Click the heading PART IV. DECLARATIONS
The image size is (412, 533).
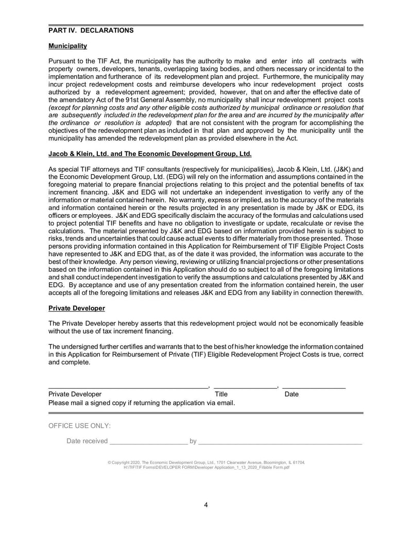tap(91, 30)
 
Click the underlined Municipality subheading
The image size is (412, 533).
tap(67, 46)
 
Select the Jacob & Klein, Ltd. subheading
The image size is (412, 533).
tap(150, 153)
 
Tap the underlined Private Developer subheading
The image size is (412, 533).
tap(77, 308)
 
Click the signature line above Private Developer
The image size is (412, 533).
tap(128, 386)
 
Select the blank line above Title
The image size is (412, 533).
tap(245, 386)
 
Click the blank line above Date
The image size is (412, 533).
tap(314, 386)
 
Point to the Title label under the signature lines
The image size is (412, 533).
tap(221, 394)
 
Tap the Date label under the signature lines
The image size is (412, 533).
tap(291, 394)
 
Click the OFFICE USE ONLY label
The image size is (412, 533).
tap(79, 426)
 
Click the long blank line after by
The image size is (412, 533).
tap(280, 442)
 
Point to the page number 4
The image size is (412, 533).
tap(206, 505)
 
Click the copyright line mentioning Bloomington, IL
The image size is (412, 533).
tap(206, 462)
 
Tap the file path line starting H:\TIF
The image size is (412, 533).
tap(206, 468)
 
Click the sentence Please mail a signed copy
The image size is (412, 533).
tap(142, 402)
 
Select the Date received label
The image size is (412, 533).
tap(87, 441)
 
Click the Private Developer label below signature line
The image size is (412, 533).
tap(75, 394)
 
